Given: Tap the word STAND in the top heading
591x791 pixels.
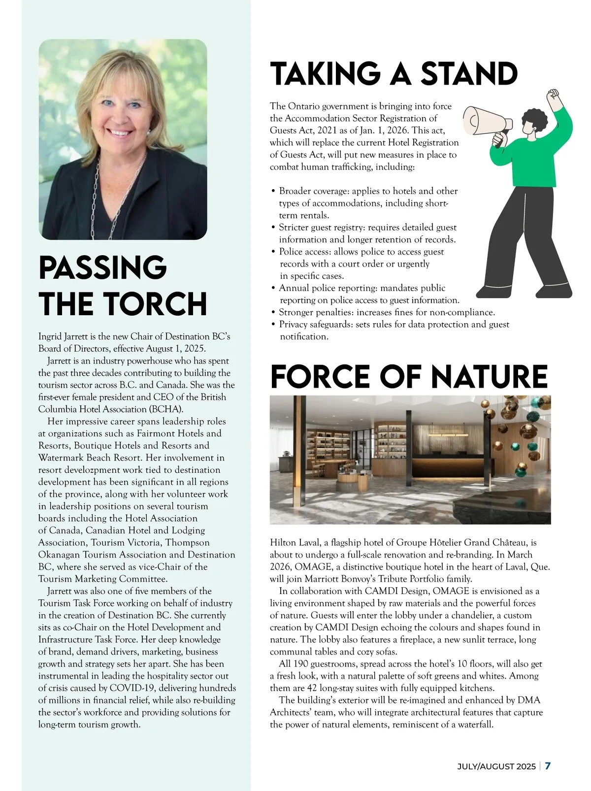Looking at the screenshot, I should [469, 74].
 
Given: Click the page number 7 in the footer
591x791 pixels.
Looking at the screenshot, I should [548, 766].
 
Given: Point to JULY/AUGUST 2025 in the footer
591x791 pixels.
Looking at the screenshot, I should [496, 766].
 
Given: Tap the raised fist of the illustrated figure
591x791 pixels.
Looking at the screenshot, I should [555, 95].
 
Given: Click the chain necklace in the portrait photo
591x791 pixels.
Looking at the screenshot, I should [98, 197].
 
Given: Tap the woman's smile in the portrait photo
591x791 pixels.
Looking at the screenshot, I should [120, 132].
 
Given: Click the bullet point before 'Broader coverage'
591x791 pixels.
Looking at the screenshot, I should [273, 191].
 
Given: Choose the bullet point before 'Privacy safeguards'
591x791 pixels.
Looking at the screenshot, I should [273, 325].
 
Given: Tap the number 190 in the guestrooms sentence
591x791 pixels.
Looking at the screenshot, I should [301, 664].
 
